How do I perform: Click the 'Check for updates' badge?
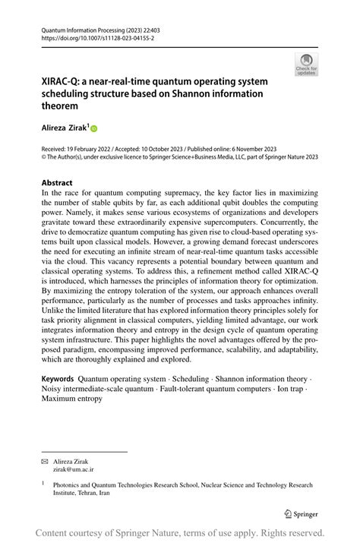click(307, 65)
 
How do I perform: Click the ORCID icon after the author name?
click(95, 129)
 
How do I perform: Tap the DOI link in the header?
click(91, 36)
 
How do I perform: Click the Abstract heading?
click(57, 183)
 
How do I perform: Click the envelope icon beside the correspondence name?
click(45, 461)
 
